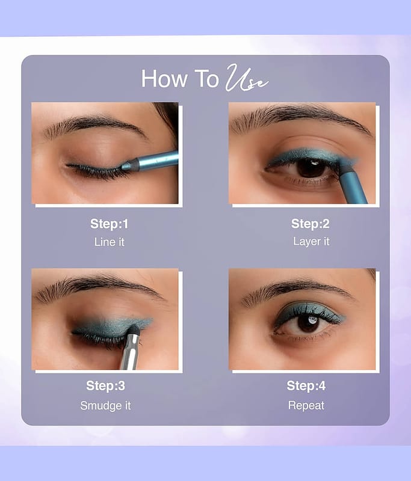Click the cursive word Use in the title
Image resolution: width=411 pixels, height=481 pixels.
247,78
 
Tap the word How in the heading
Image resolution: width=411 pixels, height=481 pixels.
164,79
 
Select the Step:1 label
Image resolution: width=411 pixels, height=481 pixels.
110,224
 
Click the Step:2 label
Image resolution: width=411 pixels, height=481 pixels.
311,224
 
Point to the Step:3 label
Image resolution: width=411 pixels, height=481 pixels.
105,385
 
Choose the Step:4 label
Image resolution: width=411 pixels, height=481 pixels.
306,385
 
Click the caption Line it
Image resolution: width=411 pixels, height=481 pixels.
110,242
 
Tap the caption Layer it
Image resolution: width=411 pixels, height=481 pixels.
311,242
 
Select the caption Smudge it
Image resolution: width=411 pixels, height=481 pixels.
105,405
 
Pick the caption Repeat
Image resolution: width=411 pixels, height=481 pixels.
306,405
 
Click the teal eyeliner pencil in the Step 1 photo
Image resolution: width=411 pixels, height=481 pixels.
150,162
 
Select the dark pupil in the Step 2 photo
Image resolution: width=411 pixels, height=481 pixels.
311,168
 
